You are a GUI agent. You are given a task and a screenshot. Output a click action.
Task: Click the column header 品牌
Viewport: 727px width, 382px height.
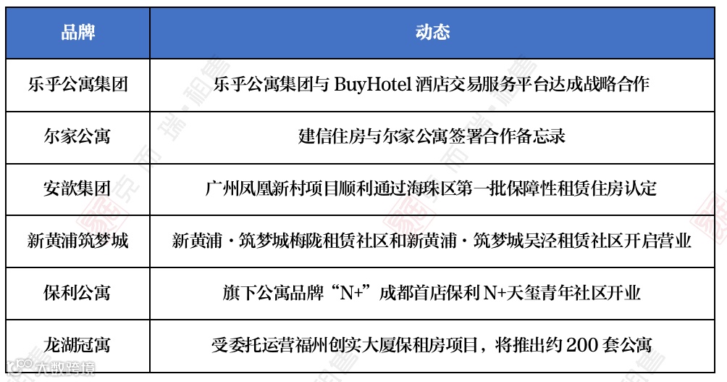(x=77, y=33)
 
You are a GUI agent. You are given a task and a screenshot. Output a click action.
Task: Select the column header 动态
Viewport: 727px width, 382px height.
(x=432, y=33)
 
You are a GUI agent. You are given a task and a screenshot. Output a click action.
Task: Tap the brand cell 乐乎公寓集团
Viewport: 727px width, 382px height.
(x=77, y=84)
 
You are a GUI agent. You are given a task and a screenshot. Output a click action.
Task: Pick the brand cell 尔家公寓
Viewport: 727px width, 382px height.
(x=77, y=136)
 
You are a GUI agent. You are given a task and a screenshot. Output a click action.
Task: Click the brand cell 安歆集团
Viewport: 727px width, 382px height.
(x=77, y=188)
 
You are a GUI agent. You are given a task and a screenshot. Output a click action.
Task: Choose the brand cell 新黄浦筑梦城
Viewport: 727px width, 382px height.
(x=77, y=241)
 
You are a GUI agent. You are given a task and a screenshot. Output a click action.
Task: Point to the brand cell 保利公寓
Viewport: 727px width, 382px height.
(x=77, y=293)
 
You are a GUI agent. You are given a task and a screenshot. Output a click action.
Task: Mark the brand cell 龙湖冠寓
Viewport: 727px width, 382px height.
(x=77, y=345)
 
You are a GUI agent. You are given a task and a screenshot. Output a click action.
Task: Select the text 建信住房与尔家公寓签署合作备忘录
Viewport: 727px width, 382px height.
(x=432, y=136)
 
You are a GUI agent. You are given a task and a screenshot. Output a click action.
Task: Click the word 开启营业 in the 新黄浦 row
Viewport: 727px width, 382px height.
(x=659, y=241)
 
